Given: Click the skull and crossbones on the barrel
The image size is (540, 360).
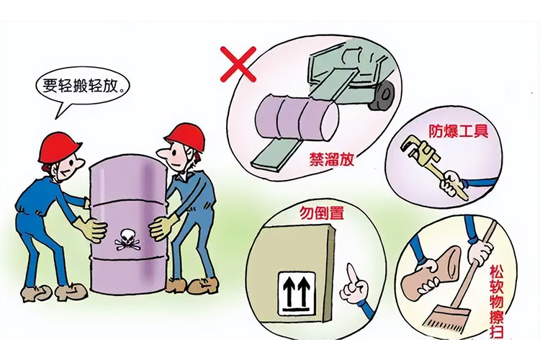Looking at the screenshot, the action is point(127,240).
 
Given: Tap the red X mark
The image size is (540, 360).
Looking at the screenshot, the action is point(238,64).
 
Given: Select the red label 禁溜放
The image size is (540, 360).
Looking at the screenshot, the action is point(331,160).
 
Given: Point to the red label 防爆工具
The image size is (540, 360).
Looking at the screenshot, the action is point(459,131).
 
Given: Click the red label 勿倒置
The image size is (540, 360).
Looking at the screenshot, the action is point(322,213).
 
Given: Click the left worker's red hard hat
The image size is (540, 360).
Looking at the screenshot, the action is point(59,148).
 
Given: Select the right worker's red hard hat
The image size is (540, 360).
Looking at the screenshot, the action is point(186,136).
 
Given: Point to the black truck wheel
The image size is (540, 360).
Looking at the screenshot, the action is point(382,95).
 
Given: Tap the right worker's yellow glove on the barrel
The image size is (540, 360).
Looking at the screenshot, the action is point(162,226).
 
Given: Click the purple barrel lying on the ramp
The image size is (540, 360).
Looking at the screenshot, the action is point(297,117).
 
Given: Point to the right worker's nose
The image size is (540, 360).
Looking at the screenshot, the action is point(162,153).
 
